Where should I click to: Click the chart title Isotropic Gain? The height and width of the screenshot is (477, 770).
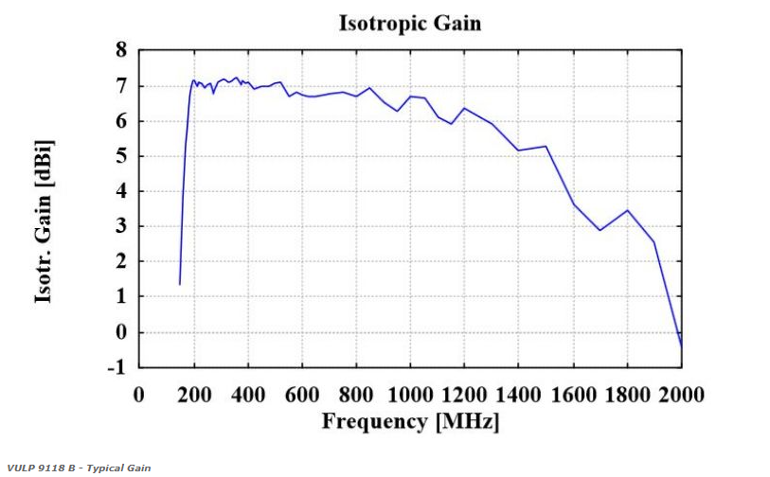pyautogui.click(x=409, y=23)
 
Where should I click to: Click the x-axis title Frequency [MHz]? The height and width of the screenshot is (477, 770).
pyautogui.click(x=410, y=421)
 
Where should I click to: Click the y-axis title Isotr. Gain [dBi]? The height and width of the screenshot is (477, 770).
pyautogui.click(x=44, y=222)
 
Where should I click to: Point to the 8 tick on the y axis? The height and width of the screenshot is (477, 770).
pyautogui.click(x=120, y=51)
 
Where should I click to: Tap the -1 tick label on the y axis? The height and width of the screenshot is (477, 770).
pyautogui.click(x=116, y=367)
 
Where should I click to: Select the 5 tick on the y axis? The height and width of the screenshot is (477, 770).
pyautogui.click(x=120, y=156)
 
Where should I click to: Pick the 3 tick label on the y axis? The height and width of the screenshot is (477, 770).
pyautogui.click(x=120, y=226)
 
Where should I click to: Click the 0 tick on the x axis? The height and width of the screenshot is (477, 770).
pyautogui.click(x=139, y=394)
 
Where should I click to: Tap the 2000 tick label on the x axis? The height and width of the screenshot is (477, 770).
pyautogui.click(x=682, y=394)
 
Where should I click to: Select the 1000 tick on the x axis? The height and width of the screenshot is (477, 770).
pyautogui.click(x=410, y=394)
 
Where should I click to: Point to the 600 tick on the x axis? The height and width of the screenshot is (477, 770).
pyautogui.click(x=302, y=394)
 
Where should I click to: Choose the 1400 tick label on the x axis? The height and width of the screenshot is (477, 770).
pyautogui.click(x=519, y=394)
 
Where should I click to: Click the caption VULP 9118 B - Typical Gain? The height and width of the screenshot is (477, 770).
pyautogui.click(x=78, y=468)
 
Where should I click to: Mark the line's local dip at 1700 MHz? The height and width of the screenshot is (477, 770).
pyautogui.click(x=600, y=230)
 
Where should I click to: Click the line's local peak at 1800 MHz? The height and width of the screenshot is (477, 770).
pyautogui.click(x=627, y=210)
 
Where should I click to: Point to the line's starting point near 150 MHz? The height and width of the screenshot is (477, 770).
pyautogui.click(x=180, y=284)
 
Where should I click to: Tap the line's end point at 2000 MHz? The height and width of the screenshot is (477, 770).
pyautogui.click(x=681, y=346)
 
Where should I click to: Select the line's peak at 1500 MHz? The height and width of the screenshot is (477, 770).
pyautogui.click(x=546, y=146)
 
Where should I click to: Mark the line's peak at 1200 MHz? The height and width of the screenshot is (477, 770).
pyautogui.click(x=464, y=108)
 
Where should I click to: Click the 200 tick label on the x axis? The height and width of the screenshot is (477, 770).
pyautogui.click(x=193, y=394)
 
